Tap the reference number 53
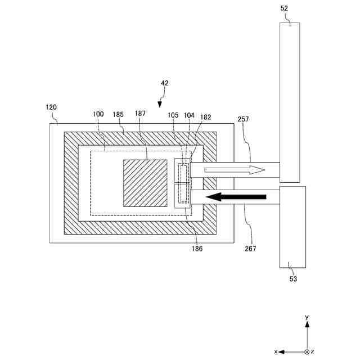click(293, 278)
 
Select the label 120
click(51, 107)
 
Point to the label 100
click(98, 114)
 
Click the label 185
click(118, 114)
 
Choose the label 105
click(173, 115)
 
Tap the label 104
click(189, 115)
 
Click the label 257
click(244, 119)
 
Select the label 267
click(250, 247)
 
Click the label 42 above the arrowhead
click(164, 83)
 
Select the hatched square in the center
click(145, 183)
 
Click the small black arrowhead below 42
click(160, 103)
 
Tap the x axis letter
click(276, 352)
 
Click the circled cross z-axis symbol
click(307, 352)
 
